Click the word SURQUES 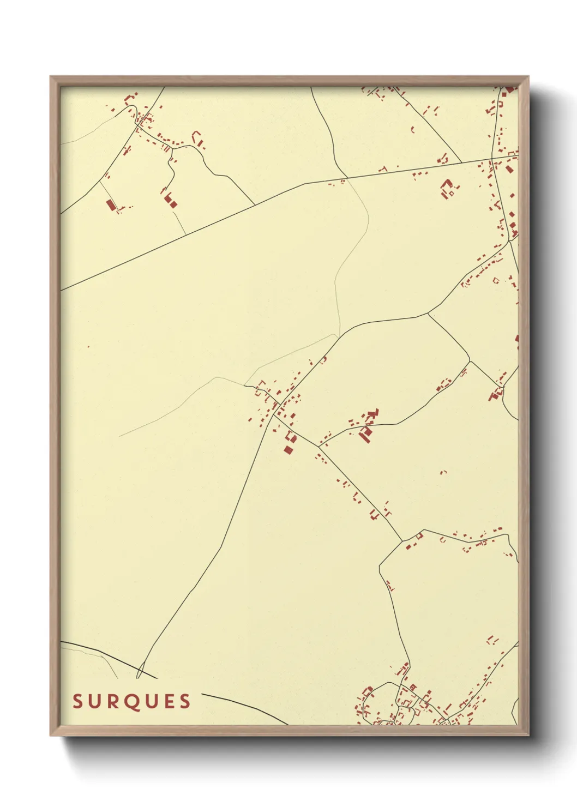tap(132, 701)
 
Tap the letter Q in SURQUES tap(134, 702)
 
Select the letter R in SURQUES tap(114, 701)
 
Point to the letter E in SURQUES tap(168, 701)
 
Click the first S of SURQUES tap(77, 701)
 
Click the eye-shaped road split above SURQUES tap(140, 670)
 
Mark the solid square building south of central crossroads tap(288, 449)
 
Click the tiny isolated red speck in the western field tap(88, 346)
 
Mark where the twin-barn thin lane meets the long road tap(186, 235)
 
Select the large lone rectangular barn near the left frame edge tap(111, 205)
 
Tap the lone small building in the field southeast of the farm tap(443, 472)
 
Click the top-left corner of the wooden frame tap(51, 77)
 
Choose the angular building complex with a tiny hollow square tap(448, 188)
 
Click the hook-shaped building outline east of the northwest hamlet tap(197, 138)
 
